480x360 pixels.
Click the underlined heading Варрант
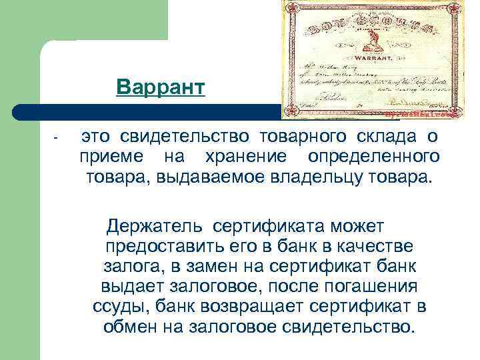[x=160, y=87]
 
